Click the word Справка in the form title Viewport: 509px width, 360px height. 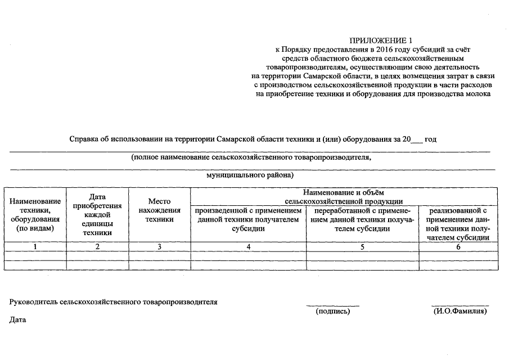pyautogui.click(x=85, y=139)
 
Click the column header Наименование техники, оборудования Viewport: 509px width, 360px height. pyautogui.click(x=35, y=215)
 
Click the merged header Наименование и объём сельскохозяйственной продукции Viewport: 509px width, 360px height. pyautogui.click(x=344, y=197)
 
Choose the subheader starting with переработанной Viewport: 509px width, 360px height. pyautogui.click(x=362, y=219)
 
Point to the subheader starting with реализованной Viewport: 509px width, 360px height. pyautogui.click(x=458, y=224)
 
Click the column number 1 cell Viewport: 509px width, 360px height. pyautogui.click(x=35, y=246)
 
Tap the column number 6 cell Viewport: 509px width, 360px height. pyautogui.click(x=458, y=246)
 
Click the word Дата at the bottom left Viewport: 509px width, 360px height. pyautogui.click(x=18, y=320)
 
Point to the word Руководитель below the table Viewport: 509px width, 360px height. pyautogui.click(x=34, y=302)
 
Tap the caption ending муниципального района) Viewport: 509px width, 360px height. pyautogui.click(x=250, y=175)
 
